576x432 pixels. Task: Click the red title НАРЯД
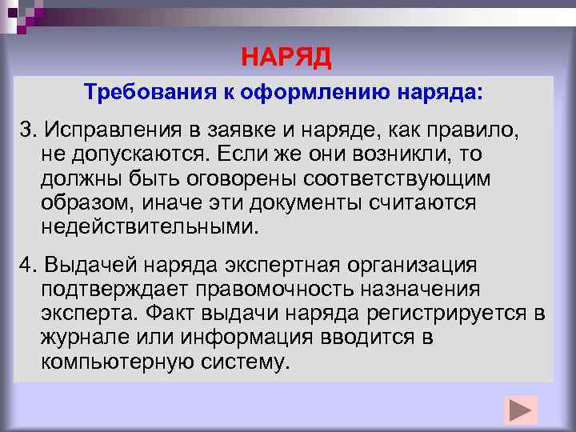[x=286, y=58]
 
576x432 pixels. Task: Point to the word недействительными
[x=150, y=226]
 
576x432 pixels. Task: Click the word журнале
[x=82, y=337]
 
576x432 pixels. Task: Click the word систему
[x=246, y=362]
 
